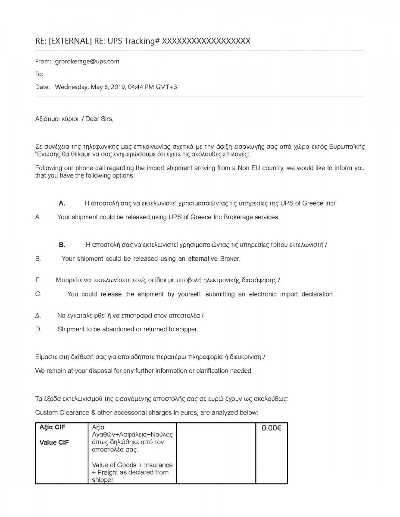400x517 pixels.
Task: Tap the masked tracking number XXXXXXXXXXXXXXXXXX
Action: coord(206,41)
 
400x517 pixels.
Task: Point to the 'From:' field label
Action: coord(43,61)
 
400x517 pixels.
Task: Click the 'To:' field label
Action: coord(39,74)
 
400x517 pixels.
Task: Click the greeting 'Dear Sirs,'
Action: coord(99,119)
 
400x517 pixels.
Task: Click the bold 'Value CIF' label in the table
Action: coord(54,442)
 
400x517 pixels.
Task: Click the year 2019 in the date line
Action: coord(118,87)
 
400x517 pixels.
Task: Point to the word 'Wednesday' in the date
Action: coord(71,87)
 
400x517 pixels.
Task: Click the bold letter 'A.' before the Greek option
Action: coord(62,203)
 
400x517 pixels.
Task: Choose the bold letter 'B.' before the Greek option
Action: coord(62,245)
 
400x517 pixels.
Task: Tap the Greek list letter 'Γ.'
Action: coord(37,280)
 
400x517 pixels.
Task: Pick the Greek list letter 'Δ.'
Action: coord(38,315)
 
